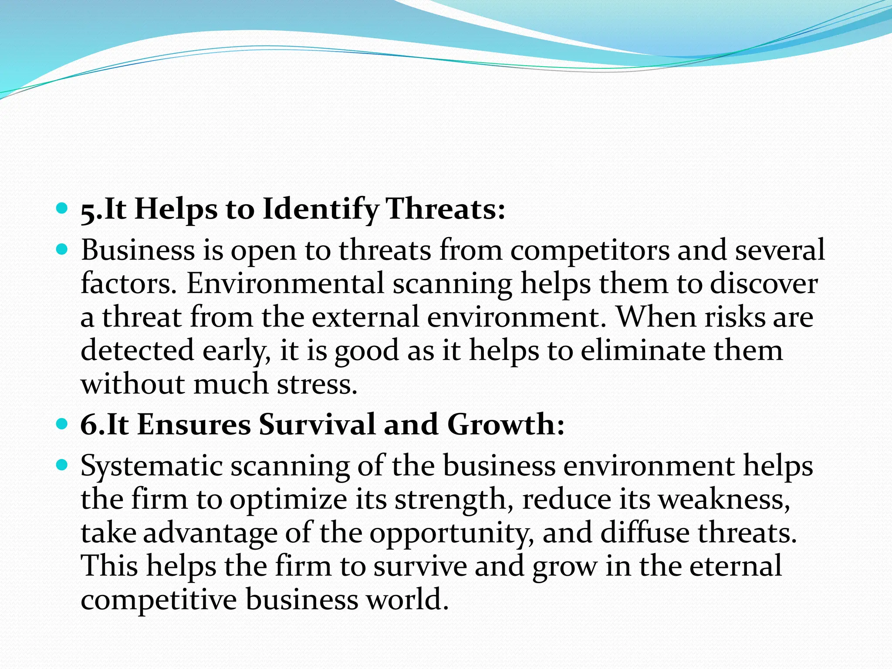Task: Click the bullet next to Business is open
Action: click(63, 250)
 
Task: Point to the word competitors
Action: click(589, 251)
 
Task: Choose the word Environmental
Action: click(286, 284)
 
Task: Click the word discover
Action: click(764, 284)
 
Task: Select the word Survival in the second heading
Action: click(317, 425)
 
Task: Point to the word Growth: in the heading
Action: click(505, 425)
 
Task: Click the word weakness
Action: click(723, 499)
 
